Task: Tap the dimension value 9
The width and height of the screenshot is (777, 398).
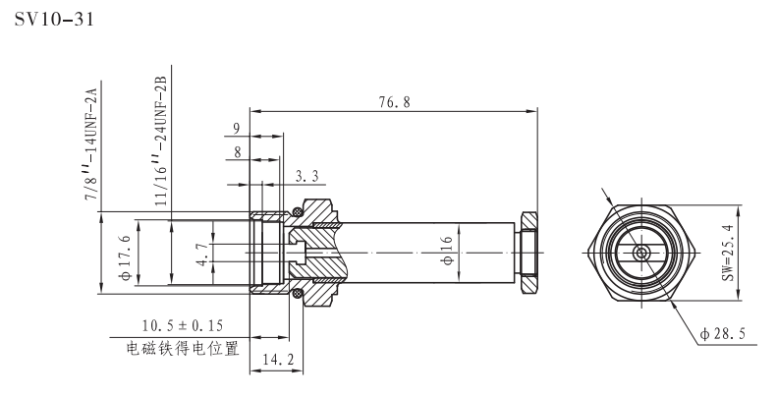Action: [x=237, y=127]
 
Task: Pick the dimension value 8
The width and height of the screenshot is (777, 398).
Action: [x=237, y=151]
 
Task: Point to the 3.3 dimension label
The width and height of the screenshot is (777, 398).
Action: [x=306, y=176]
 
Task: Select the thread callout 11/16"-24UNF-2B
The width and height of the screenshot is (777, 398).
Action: [x=160, y=139]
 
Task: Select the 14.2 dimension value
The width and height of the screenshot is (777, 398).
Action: [x=277, y=361]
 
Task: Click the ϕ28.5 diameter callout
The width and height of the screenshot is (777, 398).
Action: [x=721, y=334]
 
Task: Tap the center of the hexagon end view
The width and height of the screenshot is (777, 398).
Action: [x=641, y=254]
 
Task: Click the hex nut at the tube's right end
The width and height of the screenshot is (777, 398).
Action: [x=528, y=254]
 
